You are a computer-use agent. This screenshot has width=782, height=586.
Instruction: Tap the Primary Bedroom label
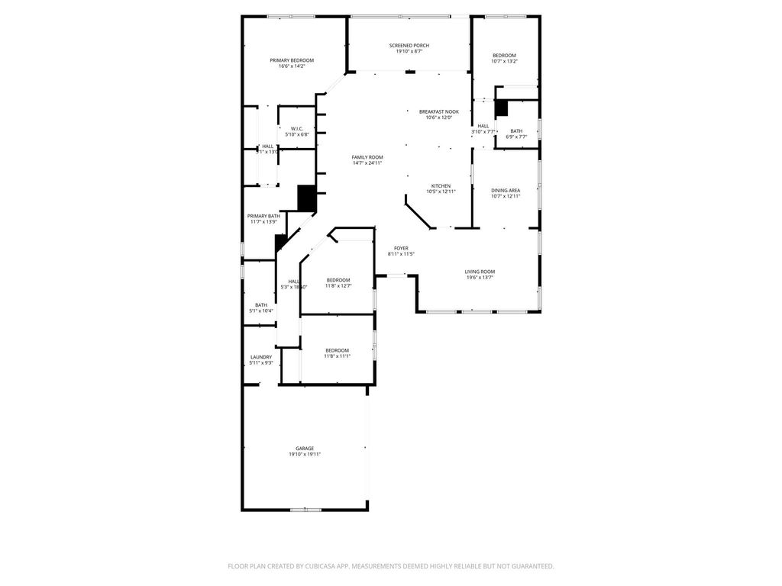tap(292, 60)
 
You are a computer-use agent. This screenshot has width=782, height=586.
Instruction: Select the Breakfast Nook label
tap(439, 111)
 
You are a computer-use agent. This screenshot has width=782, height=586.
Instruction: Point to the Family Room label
tap(367, 157)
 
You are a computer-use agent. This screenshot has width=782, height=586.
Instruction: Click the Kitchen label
tap(441, 186)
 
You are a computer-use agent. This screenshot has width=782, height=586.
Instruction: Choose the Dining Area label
tap(506, 190)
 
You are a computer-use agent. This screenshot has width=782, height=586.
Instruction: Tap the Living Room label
tap(480, 272)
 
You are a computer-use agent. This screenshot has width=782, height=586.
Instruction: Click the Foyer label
tap(401, 248)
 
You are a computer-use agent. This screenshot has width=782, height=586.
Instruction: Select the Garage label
tap(305, 449)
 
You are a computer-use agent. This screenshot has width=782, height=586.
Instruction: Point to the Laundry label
tap(261, 357)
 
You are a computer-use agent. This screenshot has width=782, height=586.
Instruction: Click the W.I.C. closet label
tap(297, 128)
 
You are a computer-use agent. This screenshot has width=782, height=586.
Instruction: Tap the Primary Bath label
tap(263, 216)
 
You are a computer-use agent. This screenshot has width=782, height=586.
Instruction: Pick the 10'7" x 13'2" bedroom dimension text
tap(504, 61)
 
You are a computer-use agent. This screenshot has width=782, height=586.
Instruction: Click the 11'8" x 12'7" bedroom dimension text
tap(338, 286)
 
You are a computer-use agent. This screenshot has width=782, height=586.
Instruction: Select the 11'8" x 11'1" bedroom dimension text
tap(337, 356)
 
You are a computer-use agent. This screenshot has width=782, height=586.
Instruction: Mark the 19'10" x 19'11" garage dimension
tap(305, 455)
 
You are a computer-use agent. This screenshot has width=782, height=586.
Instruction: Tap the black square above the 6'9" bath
tap(501, 108)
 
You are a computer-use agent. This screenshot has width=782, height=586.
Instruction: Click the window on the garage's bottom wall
tap(305, 509)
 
